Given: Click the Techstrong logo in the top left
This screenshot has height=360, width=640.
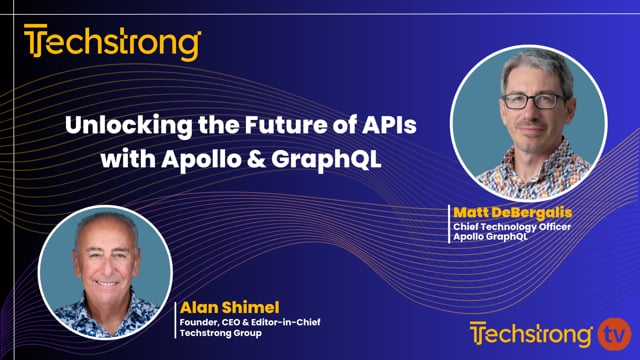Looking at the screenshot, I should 113,45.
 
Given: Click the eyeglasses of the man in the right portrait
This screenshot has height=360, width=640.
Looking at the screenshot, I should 528,101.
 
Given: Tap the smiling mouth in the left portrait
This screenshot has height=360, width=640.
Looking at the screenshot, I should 107,281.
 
